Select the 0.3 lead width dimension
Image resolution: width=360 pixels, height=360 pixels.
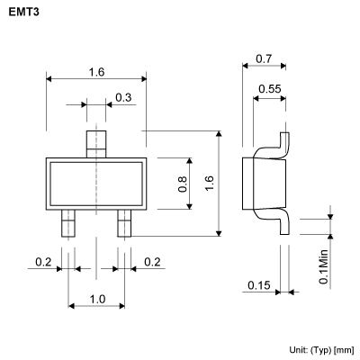122,97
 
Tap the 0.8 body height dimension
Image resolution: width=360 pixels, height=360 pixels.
183,184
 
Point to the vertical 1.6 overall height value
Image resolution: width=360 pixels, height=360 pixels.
210,183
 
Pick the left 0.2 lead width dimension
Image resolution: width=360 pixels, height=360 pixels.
43,262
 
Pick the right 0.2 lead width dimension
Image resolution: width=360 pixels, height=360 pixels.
151,262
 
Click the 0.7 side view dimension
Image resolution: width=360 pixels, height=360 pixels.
264,58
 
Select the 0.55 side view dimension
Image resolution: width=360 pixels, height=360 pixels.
267,87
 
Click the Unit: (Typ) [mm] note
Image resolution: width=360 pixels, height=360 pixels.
321,348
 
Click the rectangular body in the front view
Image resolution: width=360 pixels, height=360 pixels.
96,183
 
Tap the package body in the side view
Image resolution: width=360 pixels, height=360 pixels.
264,184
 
